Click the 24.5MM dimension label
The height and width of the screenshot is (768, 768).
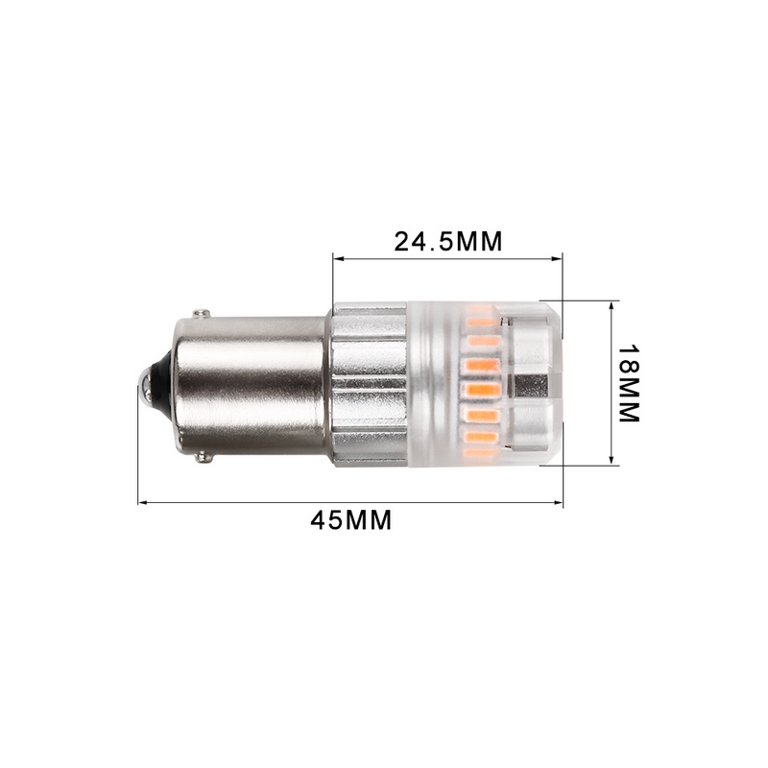click(x=447, y=241)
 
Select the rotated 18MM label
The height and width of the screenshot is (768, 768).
click(x=628, y=383)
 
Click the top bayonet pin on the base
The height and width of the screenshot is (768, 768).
click(x=201, y=313)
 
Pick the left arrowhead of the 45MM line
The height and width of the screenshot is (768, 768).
click(x=142, y=502)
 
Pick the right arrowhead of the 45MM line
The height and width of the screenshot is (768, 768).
click(x=559, y=502)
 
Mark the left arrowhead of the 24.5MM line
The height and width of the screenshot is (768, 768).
click(x=337, y=257)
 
